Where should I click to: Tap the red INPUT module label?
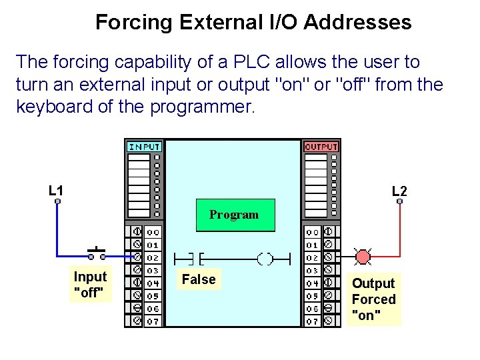click(x=144, y=146)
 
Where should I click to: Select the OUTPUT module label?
click(x=321, y=146)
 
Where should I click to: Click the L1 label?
click(x=57, y=191)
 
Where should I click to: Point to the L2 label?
click(x=399, y=191)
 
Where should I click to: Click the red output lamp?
click(x=363, y=257)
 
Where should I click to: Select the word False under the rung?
click(x=199, y=279)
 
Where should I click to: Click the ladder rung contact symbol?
click(x=189, y=257)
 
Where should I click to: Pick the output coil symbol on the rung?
click(x=265, y=257)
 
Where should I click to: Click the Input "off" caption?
click(x=90, y=285)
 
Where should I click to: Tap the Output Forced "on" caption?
click(x=373, y=299)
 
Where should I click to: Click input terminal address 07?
click(x=153, y=321)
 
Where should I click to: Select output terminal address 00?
click(x=312, y=232)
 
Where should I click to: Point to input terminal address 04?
click(x=153, y=283)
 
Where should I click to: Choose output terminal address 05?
click(x=312, y=296)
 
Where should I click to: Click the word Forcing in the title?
click(x=133, y=22)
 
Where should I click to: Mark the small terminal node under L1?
click(x=58, y=201)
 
